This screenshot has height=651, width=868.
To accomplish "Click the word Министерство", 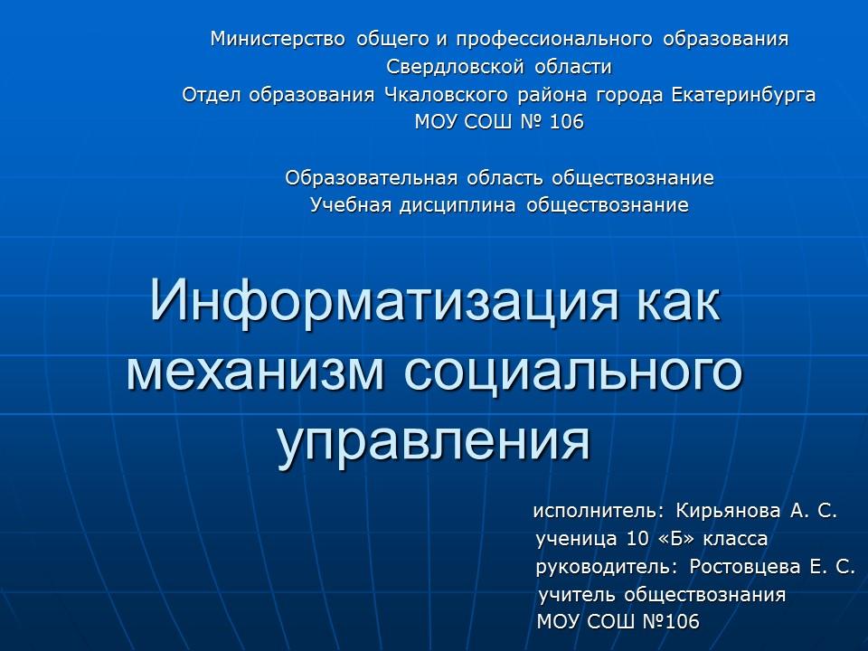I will tap(278, 40).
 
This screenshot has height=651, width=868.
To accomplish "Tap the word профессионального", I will tap(555, 40).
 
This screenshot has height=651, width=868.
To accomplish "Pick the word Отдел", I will tap(209, 95).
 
